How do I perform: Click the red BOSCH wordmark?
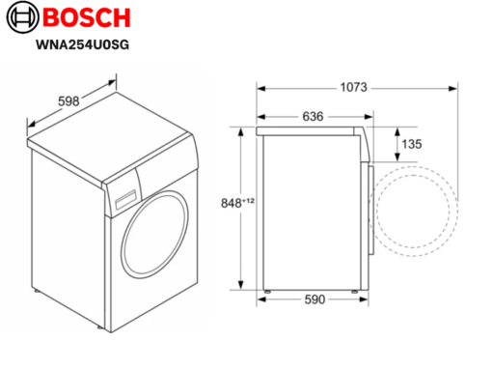(87, 17)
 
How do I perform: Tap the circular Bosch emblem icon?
(22, 17)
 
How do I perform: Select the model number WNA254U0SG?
(82, 44)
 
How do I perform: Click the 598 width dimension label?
(68, 101)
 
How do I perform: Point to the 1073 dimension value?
(353, 87)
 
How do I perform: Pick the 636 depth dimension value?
(313, 117)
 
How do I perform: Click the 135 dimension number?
(412, 144)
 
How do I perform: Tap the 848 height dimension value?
(231, 203)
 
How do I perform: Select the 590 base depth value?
(314, 299)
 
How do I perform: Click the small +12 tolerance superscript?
(248, 201)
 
